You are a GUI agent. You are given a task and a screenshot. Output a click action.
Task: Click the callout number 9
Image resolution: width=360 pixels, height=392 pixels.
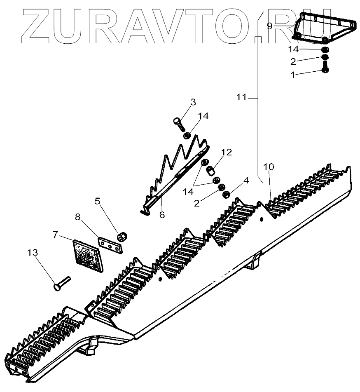pos(269,26)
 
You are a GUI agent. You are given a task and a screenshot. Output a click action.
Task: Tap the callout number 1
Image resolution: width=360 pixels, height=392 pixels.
pos(293,75)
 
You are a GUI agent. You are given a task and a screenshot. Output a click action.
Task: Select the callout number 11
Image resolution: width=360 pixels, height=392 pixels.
pos(242,98)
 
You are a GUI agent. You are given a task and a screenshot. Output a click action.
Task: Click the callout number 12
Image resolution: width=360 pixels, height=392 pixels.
pos(226,153)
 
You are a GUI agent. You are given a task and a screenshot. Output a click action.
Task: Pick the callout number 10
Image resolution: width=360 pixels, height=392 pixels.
pos(268,167)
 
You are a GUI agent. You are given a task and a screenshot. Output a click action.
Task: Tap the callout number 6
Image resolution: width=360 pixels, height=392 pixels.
pos(162,215)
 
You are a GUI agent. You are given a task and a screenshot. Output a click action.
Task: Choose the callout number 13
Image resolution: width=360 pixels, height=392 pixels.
pos(33,252)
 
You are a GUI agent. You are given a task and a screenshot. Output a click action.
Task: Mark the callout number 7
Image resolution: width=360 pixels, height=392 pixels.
pos(56,235)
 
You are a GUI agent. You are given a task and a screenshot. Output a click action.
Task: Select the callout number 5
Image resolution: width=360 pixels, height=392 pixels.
pos(97,202)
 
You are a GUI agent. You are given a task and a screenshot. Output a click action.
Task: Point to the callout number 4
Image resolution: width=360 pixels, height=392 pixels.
pos(246,180)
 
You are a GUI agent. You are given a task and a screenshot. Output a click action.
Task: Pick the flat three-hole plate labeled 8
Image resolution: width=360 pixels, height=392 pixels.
pos(111,244)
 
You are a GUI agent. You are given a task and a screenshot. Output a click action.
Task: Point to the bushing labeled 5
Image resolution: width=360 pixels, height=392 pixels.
pos(122,237)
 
